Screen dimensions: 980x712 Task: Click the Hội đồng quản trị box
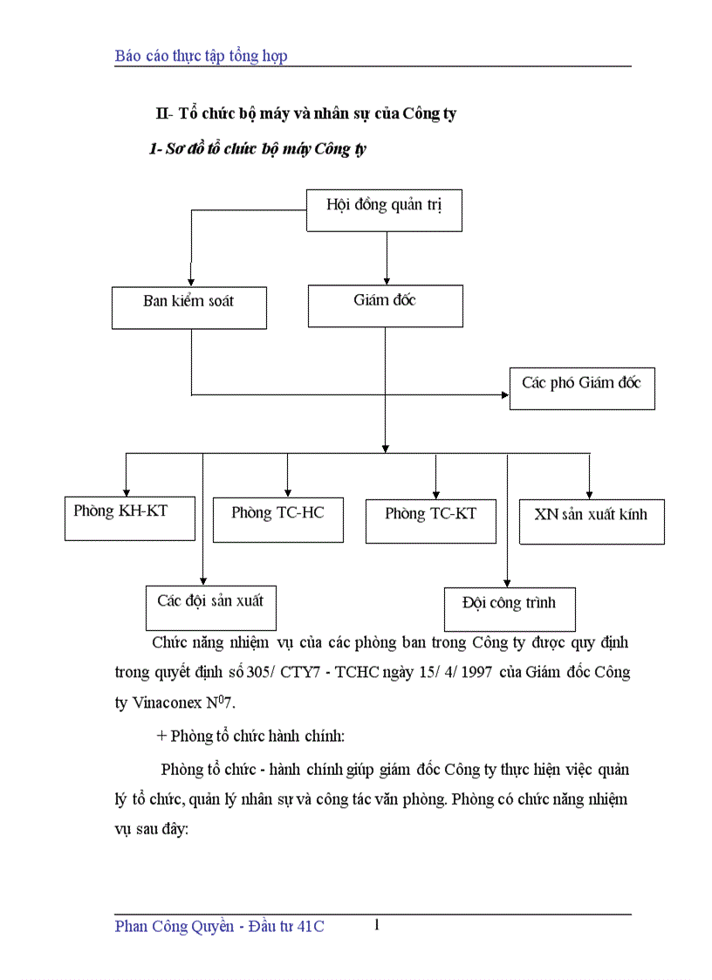(384, 210)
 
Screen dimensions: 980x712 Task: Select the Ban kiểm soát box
(189, 308)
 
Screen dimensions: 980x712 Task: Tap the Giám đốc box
(385, 306)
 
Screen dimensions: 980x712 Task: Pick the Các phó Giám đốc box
(581, 388)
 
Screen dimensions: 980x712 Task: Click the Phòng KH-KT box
(130, 518)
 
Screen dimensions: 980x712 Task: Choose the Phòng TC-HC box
(277, 520)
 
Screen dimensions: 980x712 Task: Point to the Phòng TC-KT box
(430, 521)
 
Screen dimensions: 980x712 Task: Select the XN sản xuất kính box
(591, 522)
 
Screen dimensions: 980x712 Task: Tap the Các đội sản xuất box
(210, 607)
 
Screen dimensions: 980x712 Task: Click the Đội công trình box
(509, 609)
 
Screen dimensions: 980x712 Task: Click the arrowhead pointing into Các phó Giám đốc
(505, 394)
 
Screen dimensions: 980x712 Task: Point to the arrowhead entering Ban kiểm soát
(190, 281)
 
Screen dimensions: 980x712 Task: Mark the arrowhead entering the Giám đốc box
(386, 279)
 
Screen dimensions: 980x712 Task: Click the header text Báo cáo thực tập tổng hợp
(201, 56)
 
